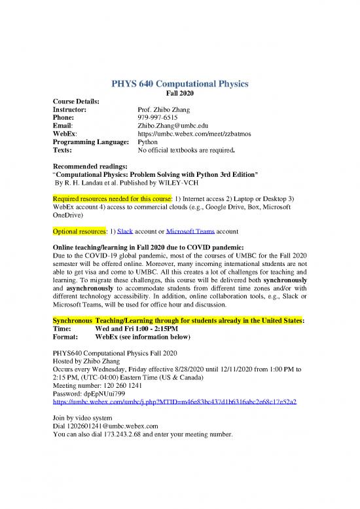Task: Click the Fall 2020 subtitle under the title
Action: tap(179, 94)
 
